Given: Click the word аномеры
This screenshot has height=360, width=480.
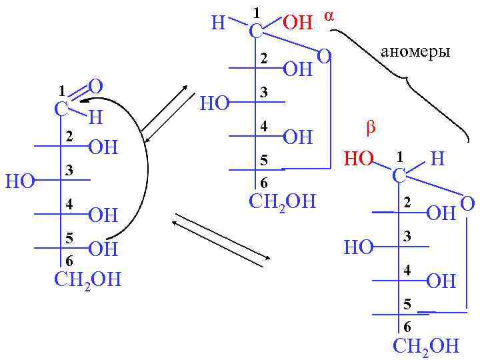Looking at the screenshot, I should [x=414, y=51].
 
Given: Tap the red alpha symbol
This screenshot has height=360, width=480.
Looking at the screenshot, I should [x=328, y=16].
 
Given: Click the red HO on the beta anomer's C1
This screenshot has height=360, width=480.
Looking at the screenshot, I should [x=359, y=159].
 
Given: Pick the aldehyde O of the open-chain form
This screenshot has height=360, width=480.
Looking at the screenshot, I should [x=95, y=86].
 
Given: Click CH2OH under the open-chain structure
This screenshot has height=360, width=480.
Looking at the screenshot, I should [x=87, y=278].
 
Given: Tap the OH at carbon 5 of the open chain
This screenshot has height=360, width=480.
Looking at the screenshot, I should [x=103, y=250].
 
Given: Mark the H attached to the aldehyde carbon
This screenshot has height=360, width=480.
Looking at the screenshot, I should [x=96, y=118].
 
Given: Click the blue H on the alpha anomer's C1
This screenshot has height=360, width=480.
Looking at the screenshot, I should [x=218, y=23].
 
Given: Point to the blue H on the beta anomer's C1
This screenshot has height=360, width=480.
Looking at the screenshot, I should [x=437, y=159].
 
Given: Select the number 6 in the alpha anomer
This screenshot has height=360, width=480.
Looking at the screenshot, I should [x=263, y=183].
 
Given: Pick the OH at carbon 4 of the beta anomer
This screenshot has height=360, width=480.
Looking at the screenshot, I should [x=441, y=281].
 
